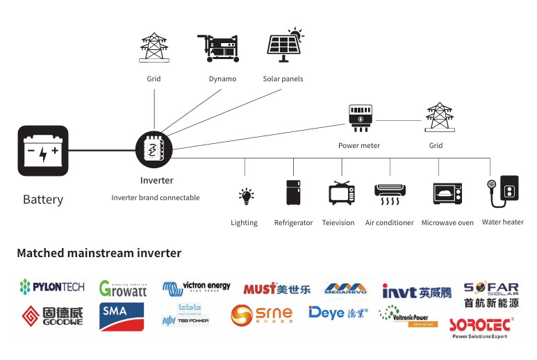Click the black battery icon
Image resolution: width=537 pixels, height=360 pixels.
[x=42, y=151]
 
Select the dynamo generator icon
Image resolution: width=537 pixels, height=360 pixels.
[x=222, y=49]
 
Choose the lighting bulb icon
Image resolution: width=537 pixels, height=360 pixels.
[x=245, y=197]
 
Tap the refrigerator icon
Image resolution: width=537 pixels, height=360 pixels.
[x=293, y=193]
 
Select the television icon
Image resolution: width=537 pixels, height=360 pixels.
[x=341, y=193]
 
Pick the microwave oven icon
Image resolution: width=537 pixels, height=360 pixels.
[x=447, y=193]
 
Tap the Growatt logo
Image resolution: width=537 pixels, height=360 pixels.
[x=123, y=288]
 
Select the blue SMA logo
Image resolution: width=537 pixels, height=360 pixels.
[x=122, y=315]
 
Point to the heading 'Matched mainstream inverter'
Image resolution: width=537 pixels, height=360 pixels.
[x=99, y=253]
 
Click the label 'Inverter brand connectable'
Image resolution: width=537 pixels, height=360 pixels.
[x=156, y=197]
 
